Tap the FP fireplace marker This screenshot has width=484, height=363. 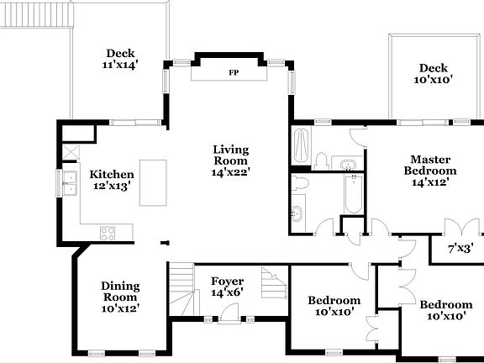point(233,73)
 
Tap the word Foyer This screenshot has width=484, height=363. point(227,281)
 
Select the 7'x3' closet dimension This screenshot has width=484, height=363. point(460,249)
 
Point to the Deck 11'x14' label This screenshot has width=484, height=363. point(120,58)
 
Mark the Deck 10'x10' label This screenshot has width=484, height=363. point(434,74)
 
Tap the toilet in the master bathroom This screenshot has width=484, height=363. point(321,160)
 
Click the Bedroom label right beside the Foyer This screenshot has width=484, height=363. point(334,306)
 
